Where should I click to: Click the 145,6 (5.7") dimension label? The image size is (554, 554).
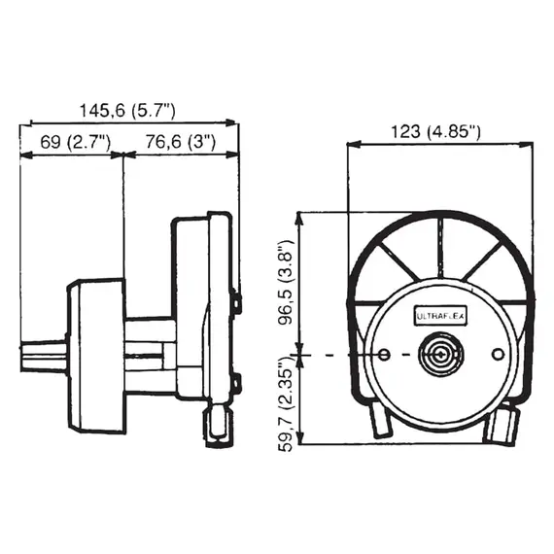coord(127,111)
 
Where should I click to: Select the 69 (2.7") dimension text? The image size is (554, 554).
coord(75,142)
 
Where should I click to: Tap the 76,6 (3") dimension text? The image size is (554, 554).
coord(181,142)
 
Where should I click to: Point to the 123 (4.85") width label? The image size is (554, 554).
coord(435,132)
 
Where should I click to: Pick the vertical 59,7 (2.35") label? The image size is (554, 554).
coord(286,404)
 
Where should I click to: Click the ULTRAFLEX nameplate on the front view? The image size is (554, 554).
coord(440,316)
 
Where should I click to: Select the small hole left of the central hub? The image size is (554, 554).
coord(384,354)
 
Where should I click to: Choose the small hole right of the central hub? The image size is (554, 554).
coord(499,354)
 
